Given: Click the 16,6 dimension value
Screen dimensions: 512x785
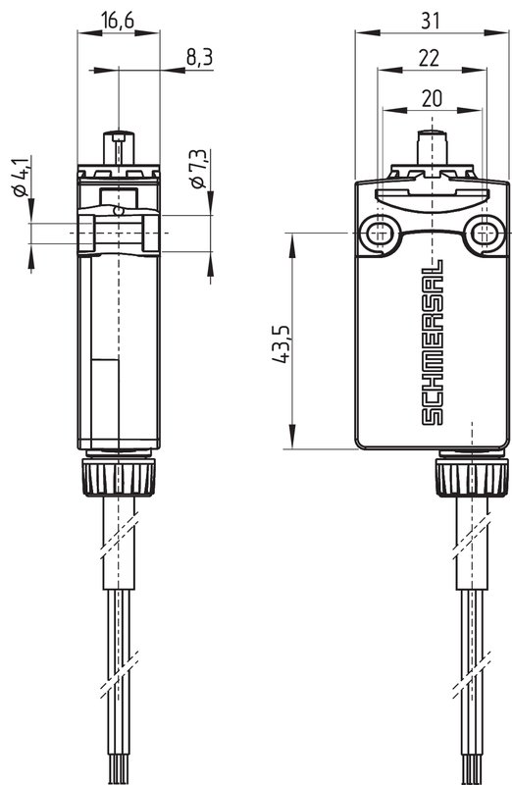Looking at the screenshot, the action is (118, 21).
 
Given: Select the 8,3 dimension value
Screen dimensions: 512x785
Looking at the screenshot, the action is (200, 58).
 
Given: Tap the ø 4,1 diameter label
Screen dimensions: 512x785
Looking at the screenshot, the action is (21, 177).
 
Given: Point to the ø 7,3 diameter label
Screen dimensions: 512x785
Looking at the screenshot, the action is (199, 169).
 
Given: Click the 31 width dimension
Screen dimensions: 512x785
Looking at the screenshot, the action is (432, 21).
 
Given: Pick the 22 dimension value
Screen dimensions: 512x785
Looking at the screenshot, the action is (430, 58).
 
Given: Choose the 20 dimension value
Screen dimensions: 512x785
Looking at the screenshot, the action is (432, 99).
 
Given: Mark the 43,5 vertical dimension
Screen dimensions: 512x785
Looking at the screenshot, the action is (281, 344).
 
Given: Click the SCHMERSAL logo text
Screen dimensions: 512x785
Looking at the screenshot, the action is (432, 342).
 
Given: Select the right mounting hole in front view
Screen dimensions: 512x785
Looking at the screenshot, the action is (483, 233).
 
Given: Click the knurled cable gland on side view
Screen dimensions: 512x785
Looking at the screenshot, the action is (119, 478).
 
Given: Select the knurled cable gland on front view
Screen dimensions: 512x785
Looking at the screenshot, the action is (472, 478).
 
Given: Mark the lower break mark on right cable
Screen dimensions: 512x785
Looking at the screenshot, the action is (473, 674).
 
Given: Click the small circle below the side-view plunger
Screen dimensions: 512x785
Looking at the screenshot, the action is (118, 211).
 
